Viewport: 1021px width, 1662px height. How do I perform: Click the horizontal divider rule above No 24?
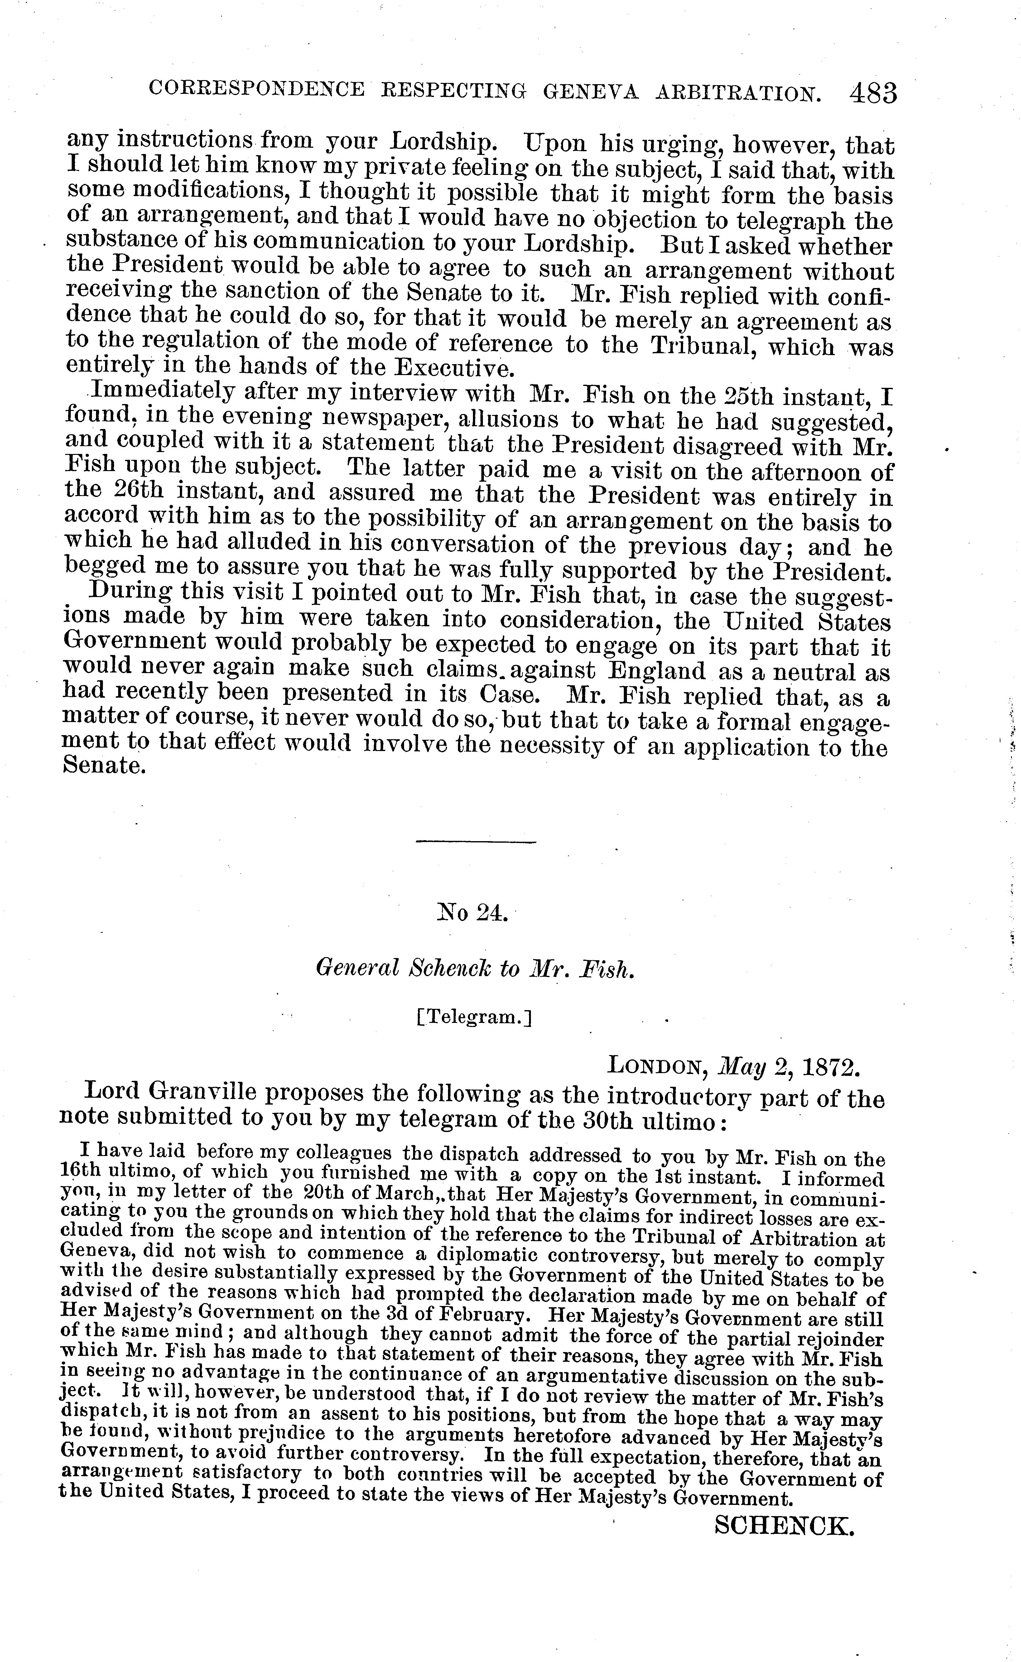[475, 842]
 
